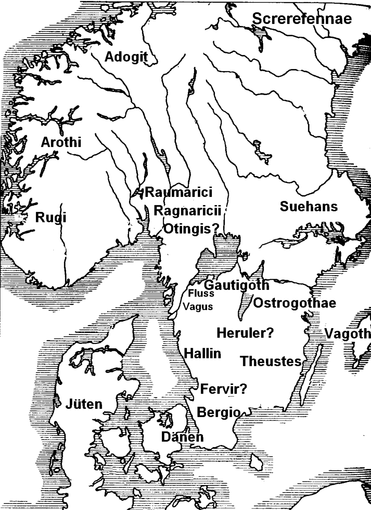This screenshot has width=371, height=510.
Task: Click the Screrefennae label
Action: (302, 19)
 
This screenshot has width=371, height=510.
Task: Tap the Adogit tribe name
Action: (126, 57)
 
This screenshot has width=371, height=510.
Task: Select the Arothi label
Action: (61, 142)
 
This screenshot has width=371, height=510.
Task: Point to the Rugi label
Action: (51, 217)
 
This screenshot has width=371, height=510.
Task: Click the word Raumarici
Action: (179, 192)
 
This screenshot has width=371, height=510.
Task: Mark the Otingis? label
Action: (192, 229)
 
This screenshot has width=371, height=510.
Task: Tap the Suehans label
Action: (308, 206)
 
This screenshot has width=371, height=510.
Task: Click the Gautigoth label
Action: (237, 285)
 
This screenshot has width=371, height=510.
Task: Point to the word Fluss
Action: (201, 294)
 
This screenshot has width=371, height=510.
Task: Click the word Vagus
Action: (198, 307)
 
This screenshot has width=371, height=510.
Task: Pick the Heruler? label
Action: (245, 333)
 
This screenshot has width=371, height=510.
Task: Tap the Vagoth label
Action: (347, 334)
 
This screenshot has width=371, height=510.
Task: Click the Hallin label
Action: (202, 353)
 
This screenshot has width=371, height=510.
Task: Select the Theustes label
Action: (271, 361)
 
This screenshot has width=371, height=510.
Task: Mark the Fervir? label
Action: (223, 389)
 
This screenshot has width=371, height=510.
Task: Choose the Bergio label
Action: (218, 412)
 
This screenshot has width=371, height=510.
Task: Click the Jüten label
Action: (84, 404)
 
